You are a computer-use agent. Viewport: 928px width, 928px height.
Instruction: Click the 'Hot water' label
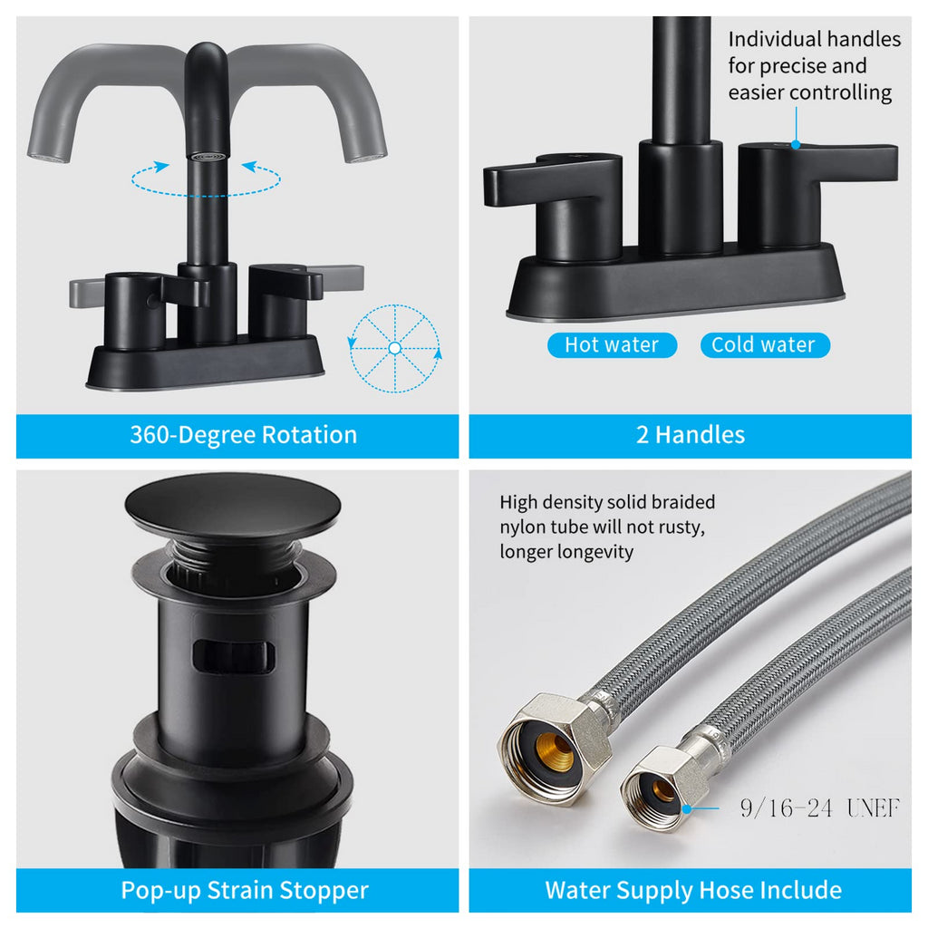coord(612,344)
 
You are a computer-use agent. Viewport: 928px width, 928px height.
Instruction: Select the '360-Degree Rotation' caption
coord(243,435)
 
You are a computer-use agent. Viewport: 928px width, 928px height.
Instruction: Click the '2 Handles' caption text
coord(690,435)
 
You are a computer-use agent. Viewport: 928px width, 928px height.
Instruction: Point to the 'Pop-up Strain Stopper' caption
coord(245,890)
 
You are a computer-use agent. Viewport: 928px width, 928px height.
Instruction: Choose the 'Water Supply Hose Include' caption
coord(693,890)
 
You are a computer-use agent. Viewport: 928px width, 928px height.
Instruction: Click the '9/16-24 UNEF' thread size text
coord(819,807)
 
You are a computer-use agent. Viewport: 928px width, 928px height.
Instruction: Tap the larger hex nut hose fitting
coord(554,749)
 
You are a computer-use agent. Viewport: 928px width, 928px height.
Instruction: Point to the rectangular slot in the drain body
coord(234,656)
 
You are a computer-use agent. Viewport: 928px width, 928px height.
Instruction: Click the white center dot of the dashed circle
coord(395,348)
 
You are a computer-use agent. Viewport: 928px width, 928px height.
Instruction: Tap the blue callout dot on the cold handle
coord(796,144)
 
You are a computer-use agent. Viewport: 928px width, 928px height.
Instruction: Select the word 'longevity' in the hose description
coord(596,552)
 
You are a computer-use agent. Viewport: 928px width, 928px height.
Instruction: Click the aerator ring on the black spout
coord(207,157)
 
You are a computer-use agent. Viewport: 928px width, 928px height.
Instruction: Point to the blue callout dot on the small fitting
coord(687,807)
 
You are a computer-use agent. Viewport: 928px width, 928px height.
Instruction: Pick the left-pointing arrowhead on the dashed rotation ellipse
coord(248,167)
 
